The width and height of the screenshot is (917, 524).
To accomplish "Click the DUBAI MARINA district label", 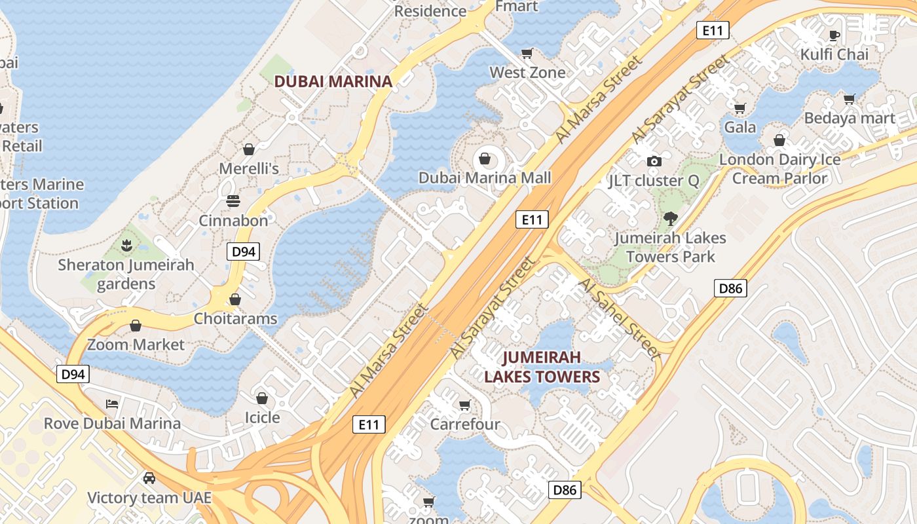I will [333, 82].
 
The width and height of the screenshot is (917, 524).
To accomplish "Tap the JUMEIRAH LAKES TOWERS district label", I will [542, 367].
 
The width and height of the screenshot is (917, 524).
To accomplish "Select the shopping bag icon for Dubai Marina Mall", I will [485, 159].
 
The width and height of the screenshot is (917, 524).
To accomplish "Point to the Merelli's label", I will [249, 168].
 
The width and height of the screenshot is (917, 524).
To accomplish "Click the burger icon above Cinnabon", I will [233, 200].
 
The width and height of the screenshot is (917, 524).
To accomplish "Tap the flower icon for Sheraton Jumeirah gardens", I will [126, 246].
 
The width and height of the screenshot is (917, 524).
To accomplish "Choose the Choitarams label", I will [235, 319].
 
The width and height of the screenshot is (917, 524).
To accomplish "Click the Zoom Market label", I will [136, 345].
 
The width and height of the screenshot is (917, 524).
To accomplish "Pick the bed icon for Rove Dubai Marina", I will [112, 403].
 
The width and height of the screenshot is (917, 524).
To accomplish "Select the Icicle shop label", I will [262, 417].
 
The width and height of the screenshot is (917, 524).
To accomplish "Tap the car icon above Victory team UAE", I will [149, 478].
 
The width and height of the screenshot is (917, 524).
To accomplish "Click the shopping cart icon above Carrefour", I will [465, 405].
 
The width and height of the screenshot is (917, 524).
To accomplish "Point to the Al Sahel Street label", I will [619, 317].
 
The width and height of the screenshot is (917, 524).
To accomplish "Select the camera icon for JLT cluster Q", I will [654, 161].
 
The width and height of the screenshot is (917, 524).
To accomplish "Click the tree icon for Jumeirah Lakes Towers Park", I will [671, 219].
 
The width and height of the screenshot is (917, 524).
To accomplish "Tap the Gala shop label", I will [740, 127].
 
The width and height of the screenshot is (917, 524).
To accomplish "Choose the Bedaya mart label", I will [850, 119].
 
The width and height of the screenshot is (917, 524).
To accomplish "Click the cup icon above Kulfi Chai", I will [834, 35].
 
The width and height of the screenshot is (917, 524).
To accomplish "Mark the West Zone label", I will [527, 72].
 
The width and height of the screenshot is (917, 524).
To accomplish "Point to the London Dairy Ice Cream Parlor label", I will [779, 168].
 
